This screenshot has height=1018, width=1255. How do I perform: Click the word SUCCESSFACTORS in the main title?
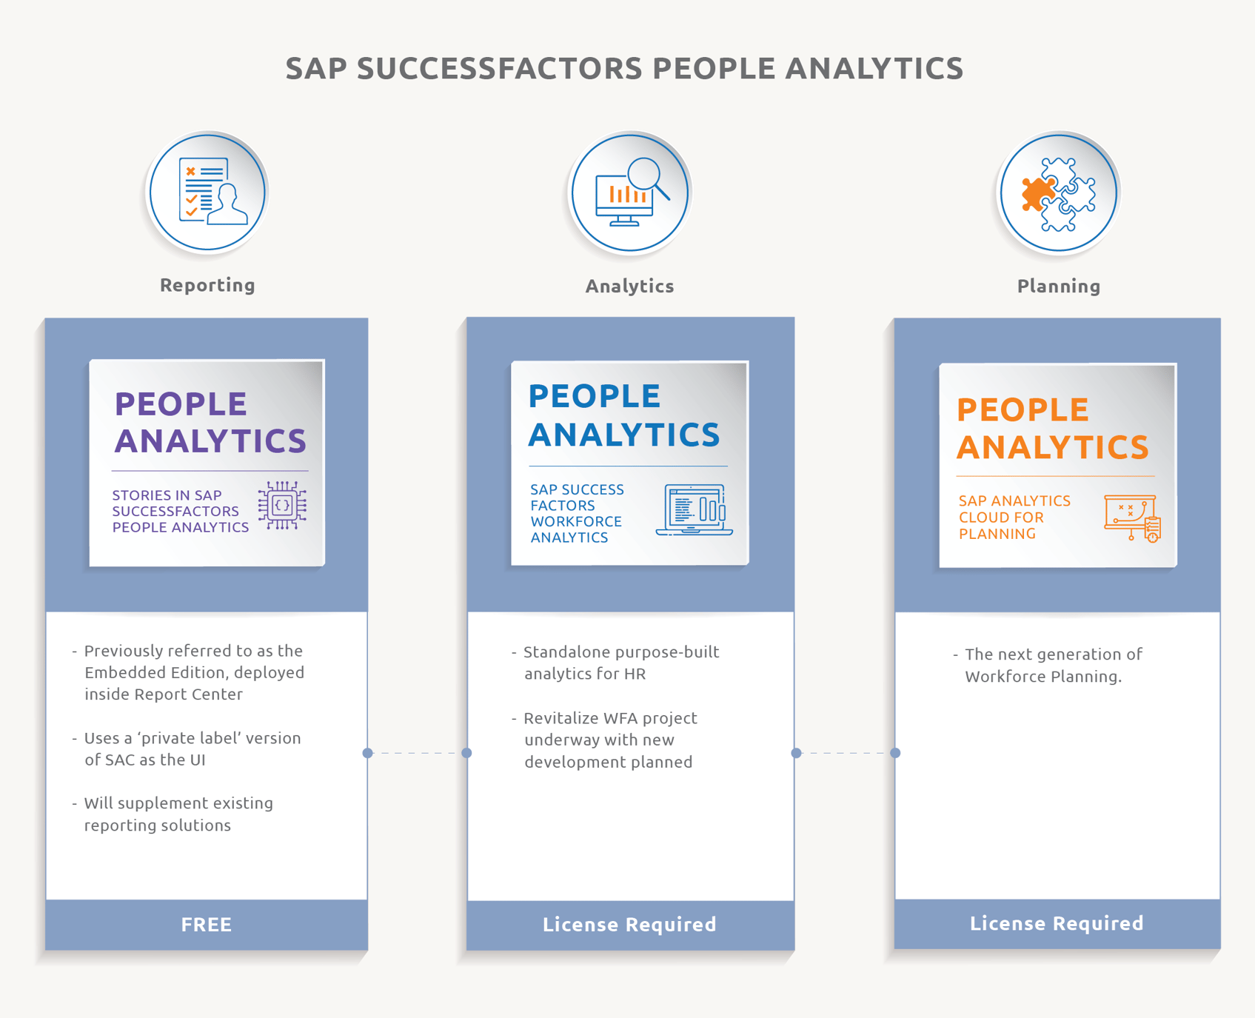click(500, 68)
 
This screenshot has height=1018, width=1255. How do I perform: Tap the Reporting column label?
click(207, 285)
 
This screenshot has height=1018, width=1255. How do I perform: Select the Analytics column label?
click(629, 286)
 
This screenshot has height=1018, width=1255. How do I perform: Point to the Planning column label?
click(1058, 286)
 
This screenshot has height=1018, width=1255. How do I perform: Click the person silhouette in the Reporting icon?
click(228, 206)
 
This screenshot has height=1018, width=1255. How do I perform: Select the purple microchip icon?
click(282, 506)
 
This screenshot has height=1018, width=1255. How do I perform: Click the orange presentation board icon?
click(1131, 518)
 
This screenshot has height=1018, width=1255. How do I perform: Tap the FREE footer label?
click(207, 924)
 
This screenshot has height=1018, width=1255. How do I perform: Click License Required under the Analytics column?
click(629, 924)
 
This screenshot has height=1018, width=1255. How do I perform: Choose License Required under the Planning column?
click(1057, 922)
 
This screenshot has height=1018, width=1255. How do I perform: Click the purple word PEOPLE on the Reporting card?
click(181, 404)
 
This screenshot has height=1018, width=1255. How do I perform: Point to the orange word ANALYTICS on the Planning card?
click(1052, 447)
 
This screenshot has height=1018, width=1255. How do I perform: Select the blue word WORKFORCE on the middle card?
click(576, 521)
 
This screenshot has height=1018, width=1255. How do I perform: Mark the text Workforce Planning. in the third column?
click(1043, 676)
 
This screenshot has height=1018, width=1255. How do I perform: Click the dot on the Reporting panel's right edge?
click(368, 753)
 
